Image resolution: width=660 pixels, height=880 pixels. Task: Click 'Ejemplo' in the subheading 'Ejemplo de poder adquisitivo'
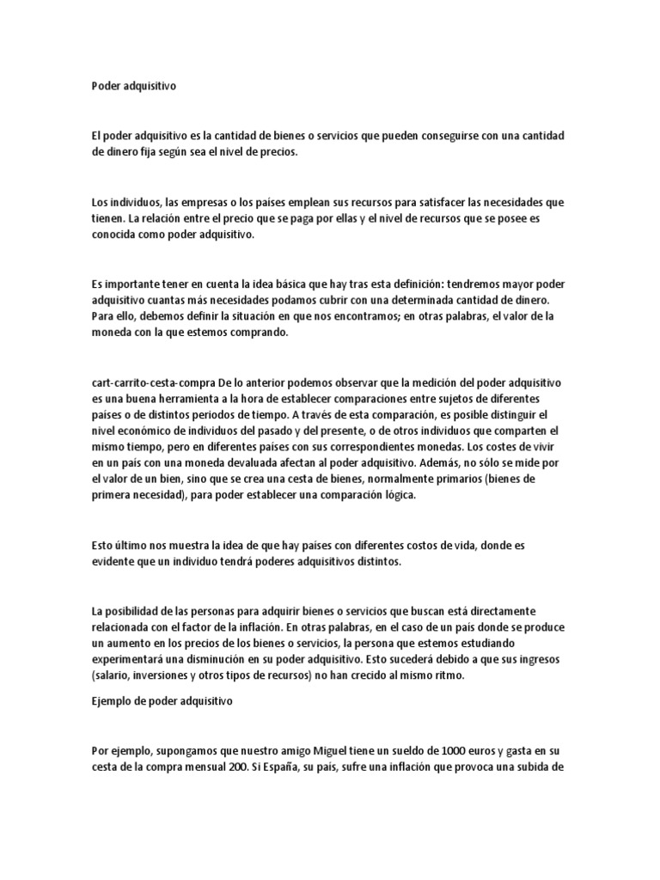point(113,701)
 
